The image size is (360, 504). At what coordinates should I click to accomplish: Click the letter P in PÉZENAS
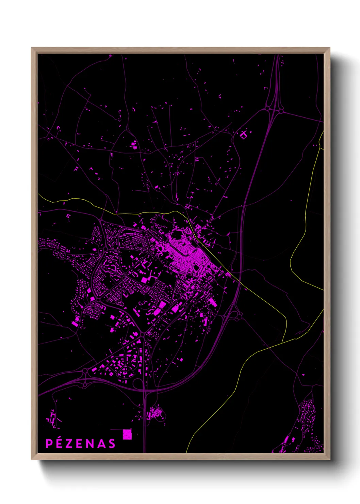pyautogui.click(x=49, y=443)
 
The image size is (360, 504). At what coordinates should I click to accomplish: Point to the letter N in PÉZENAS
pyautogui.click(x=90, y=443)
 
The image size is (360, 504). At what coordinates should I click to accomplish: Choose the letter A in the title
pyautogui.click(x=101, y=443)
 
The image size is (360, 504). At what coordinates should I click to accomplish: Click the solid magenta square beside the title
pyautogui.click(x=127, y=434)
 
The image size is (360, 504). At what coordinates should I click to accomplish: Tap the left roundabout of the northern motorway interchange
pyautogui.click(x=267, y=109)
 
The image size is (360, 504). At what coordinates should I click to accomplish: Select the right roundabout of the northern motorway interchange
pyautogui.click(x=281, y=111)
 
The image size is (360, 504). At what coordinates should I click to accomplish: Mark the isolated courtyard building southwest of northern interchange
pyautogui.click(x=244, y=135)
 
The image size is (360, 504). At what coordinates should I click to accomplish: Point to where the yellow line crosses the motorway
pyautogui.click(x=239, y=282)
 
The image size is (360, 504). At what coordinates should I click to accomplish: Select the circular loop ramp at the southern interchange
pyautogui.click(x=138, y=384)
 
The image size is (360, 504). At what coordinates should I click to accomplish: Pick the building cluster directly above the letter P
pyautogui.click(x=52, y=419)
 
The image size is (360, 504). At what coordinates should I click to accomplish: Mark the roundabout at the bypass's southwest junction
pyautogui.click(x=85, y=371)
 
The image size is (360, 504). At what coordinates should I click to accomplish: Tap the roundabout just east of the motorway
pyautogui.click(x=240, y=316)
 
